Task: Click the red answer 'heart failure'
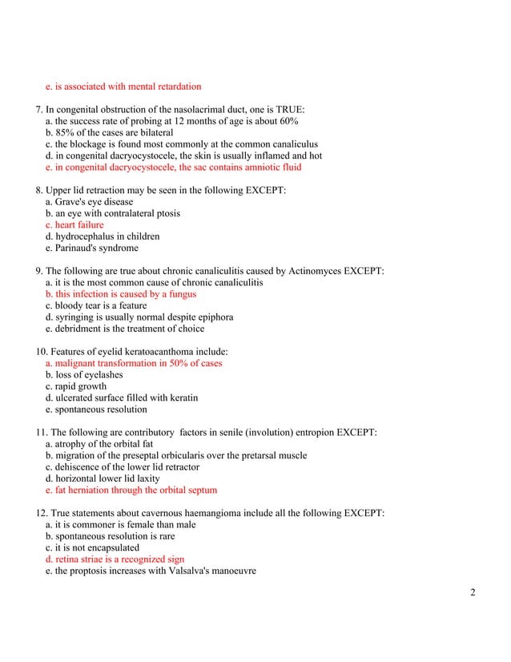(80, 225)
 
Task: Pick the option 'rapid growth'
(81, 386)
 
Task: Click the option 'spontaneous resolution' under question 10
(101, 409)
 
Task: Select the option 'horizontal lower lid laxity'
(107, 478)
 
